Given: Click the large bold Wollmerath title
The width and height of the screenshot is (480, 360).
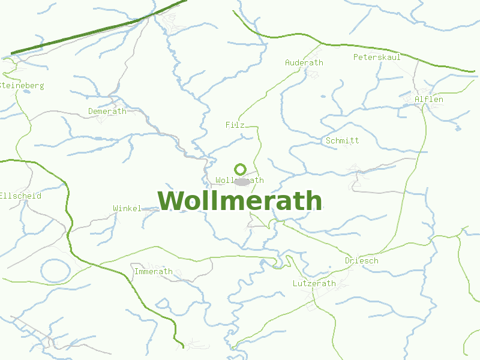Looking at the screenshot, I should click(x=240, y=201).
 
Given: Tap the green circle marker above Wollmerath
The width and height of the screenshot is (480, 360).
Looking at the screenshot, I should click(x=241, y=170).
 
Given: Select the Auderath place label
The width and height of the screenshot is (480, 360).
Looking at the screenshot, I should click(x=304, y=62).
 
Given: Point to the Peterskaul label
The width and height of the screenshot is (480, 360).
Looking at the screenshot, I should click(x=377, y=57).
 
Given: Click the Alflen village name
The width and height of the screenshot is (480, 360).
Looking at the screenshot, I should click(x=428, y=99).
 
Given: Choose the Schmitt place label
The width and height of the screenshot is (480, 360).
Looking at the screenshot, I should click(x=342, y=140).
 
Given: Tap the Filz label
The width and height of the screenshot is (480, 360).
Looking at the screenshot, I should click(x=235, y=125).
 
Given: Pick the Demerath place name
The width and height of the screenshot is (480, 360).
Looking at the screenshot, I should click(x=107, y=111).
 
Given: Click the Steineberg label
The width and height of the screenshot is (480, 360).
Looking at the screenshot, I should click(x=22, y=86).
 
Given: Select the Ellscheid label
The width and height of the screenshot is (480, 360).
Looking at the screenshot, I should click(x=20, y=196).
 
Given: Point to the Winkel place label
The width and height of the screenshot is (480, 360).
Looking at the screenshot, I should click(x=127, y=208).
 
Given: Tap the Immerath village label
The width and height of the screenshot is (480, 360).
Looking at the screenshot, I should click(x=153, y=271).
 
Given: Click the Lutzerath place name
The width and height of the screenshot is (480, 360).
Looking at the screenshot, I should click(x=314, y=283).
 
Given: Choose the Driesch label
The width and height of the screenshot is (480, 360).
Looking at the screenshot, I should click(x=361, y=261).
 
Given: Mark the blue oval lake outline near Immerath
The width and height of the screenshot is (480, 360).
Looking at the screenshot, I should click(x=55, y=271).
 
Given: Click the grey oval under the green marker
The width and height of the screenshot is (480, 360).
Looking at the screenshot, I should click(x=242, y=182).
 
